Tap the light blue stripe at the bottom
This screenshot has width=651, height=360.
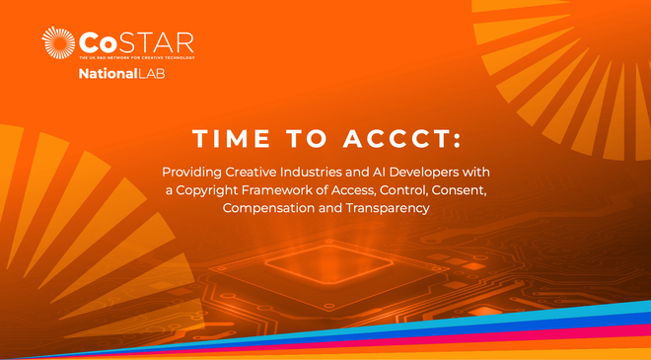552,314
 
